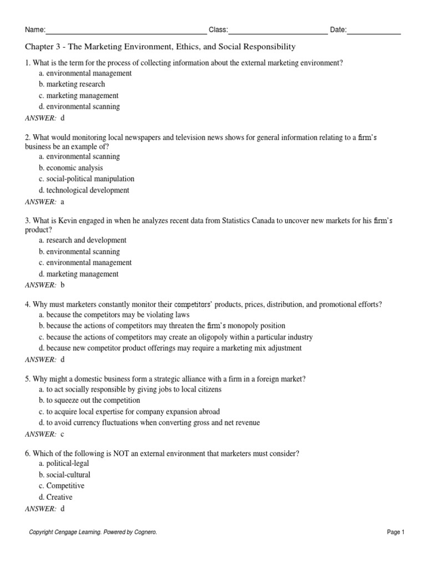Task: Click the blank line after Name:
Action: click(x=126, y=31)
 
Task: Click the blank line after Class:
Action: click(x=277, y=31)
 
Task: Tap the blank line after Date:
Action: click(x=374, y=31)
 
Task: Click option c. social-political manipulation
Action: click(x=87, y=179)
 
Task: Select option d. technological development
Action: click(x=84, y=190)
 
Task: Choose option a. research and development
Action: click(x=83, y=240)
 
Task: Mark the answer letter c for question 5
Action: click(x=63, y=434)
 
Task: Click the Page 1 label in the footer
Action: click(x=396, y=532)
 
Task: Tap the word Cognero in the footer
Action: click(x=145, y=532)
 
